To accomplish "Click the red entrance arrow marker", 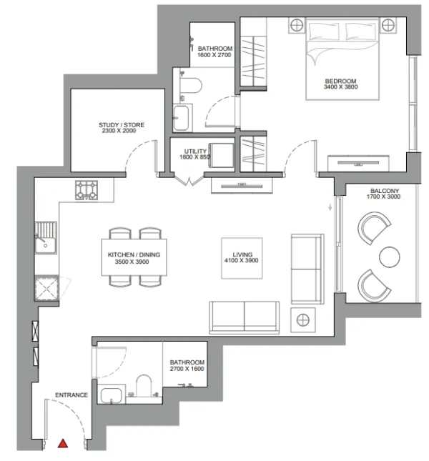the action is pos(63,443).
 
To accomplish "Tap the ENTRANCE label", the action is pos(71,395).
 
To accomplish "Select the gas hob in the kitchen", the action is pos(87,190).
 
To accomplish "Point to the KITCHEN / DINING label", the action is pos(134,254).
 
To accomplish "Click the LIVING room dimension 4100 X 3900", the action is pos(242,260).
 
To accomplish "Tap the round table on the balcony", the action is pos(389,257).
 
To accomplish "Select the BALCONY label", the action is pos(385,191).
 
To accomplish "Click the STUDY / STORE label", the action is pos(122,125).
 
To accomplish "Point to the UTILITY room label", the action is pos(195,152).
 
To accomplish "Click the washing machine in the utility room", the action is pos(222,156).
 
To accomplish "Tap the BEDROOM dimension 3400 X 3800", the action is pos(341,86).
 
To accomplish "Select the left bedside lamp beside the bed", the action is pos(297,25).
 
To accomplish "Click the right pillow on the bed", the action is pos(360,31).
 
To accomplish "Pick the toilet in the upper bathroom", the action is pos(191,85).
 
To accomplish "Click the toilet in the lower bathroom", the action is pos(144,385).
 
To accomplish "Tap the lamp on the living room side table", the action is pos(303,320).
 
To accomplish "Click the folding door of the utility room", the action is pos(189,181).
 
